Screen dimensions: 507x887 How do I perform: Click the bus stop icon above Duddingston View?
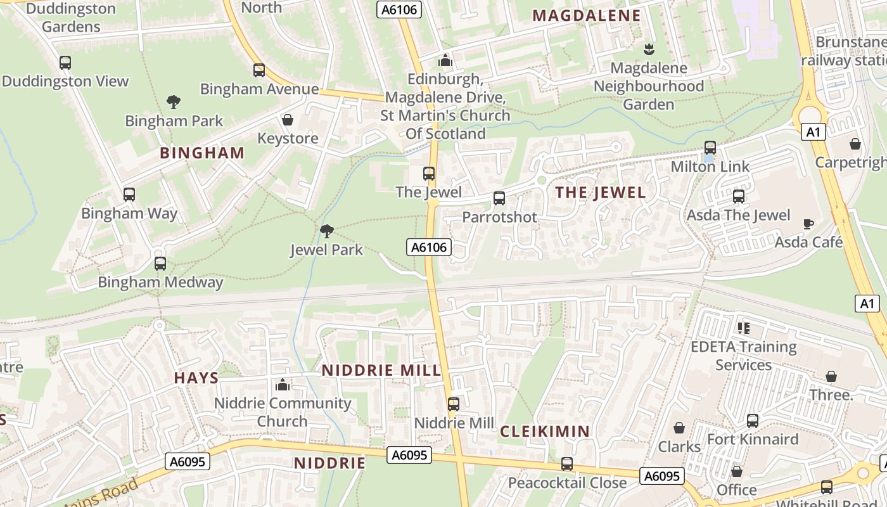coord(65,63)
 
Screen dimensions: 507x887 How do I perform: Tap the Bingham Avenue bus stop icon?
coord(258,70)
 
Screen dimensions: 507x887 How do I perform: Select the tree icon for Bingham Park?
coord(173,101)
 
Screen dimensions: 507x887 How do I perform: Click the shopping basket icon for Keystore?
coord(288,120)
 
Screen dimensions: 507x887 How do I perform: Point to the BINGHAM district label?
coord(202,153)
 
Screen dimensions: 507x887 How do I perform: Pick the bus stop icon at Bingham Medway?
coord(160,264)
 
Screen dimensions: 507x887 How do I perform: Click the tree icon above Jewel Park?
coord(327,231)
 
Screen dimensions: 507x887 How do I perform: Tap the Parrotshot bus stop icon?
coord(499,198)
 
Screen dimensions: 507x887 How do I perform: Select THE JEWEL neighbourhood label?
coord(600,193)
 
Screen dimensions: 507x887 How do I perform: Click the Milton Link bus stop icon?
coord(710,148)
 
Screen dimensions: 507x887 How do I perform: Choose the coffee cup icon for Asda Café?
coord(808,224)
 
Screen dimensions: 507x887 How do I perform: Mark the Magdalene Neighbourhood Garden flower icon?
coord(649,49)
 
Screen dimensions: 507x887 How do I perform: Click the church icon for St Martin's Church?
coord(445,60)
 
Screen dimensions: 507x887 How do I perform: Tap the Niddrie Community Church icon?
coord(283,385)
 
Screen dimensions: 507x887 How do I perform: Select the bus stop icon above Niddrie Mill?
coord(454,404)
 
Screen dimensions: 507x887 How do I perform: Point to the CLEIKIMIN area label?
coord(545,432)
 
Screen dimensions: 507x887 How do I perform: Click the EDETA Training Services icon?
coord(744,328)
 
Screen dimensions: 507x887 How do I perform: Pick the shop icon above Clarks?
coord(679,428)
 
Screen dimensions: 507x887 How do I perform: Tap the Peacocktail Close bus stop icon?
coord(567,464)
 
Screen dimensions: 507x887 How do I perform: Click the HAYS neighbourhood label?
coord(196,378)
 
